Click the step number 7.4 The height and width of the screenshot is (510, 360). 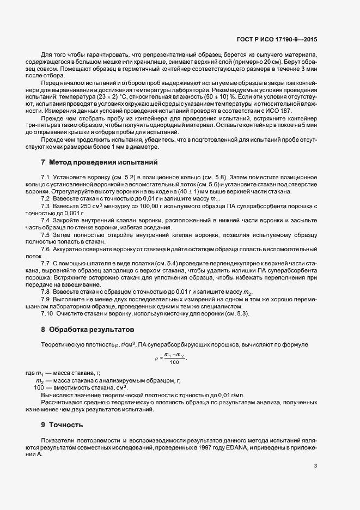[45, 220]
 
